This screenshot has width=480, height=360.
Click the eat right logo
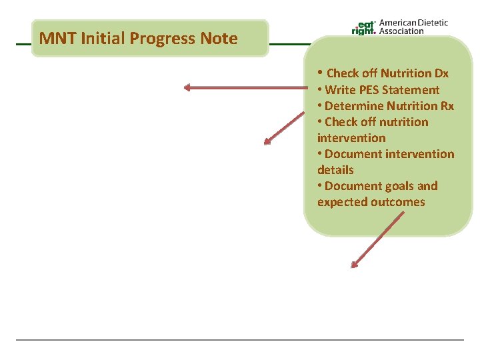point(363,27)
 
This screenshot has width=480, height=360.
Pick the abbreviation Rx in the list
point(447,106)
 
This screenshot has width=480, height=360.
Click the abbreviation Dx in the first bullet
point(440,73)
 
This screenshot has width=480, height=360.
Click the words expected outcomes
point(371,202)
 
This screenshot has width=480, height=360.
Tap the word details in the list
point(335,170)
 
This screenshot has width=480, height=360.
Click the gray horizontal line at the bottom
point(240,340)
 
